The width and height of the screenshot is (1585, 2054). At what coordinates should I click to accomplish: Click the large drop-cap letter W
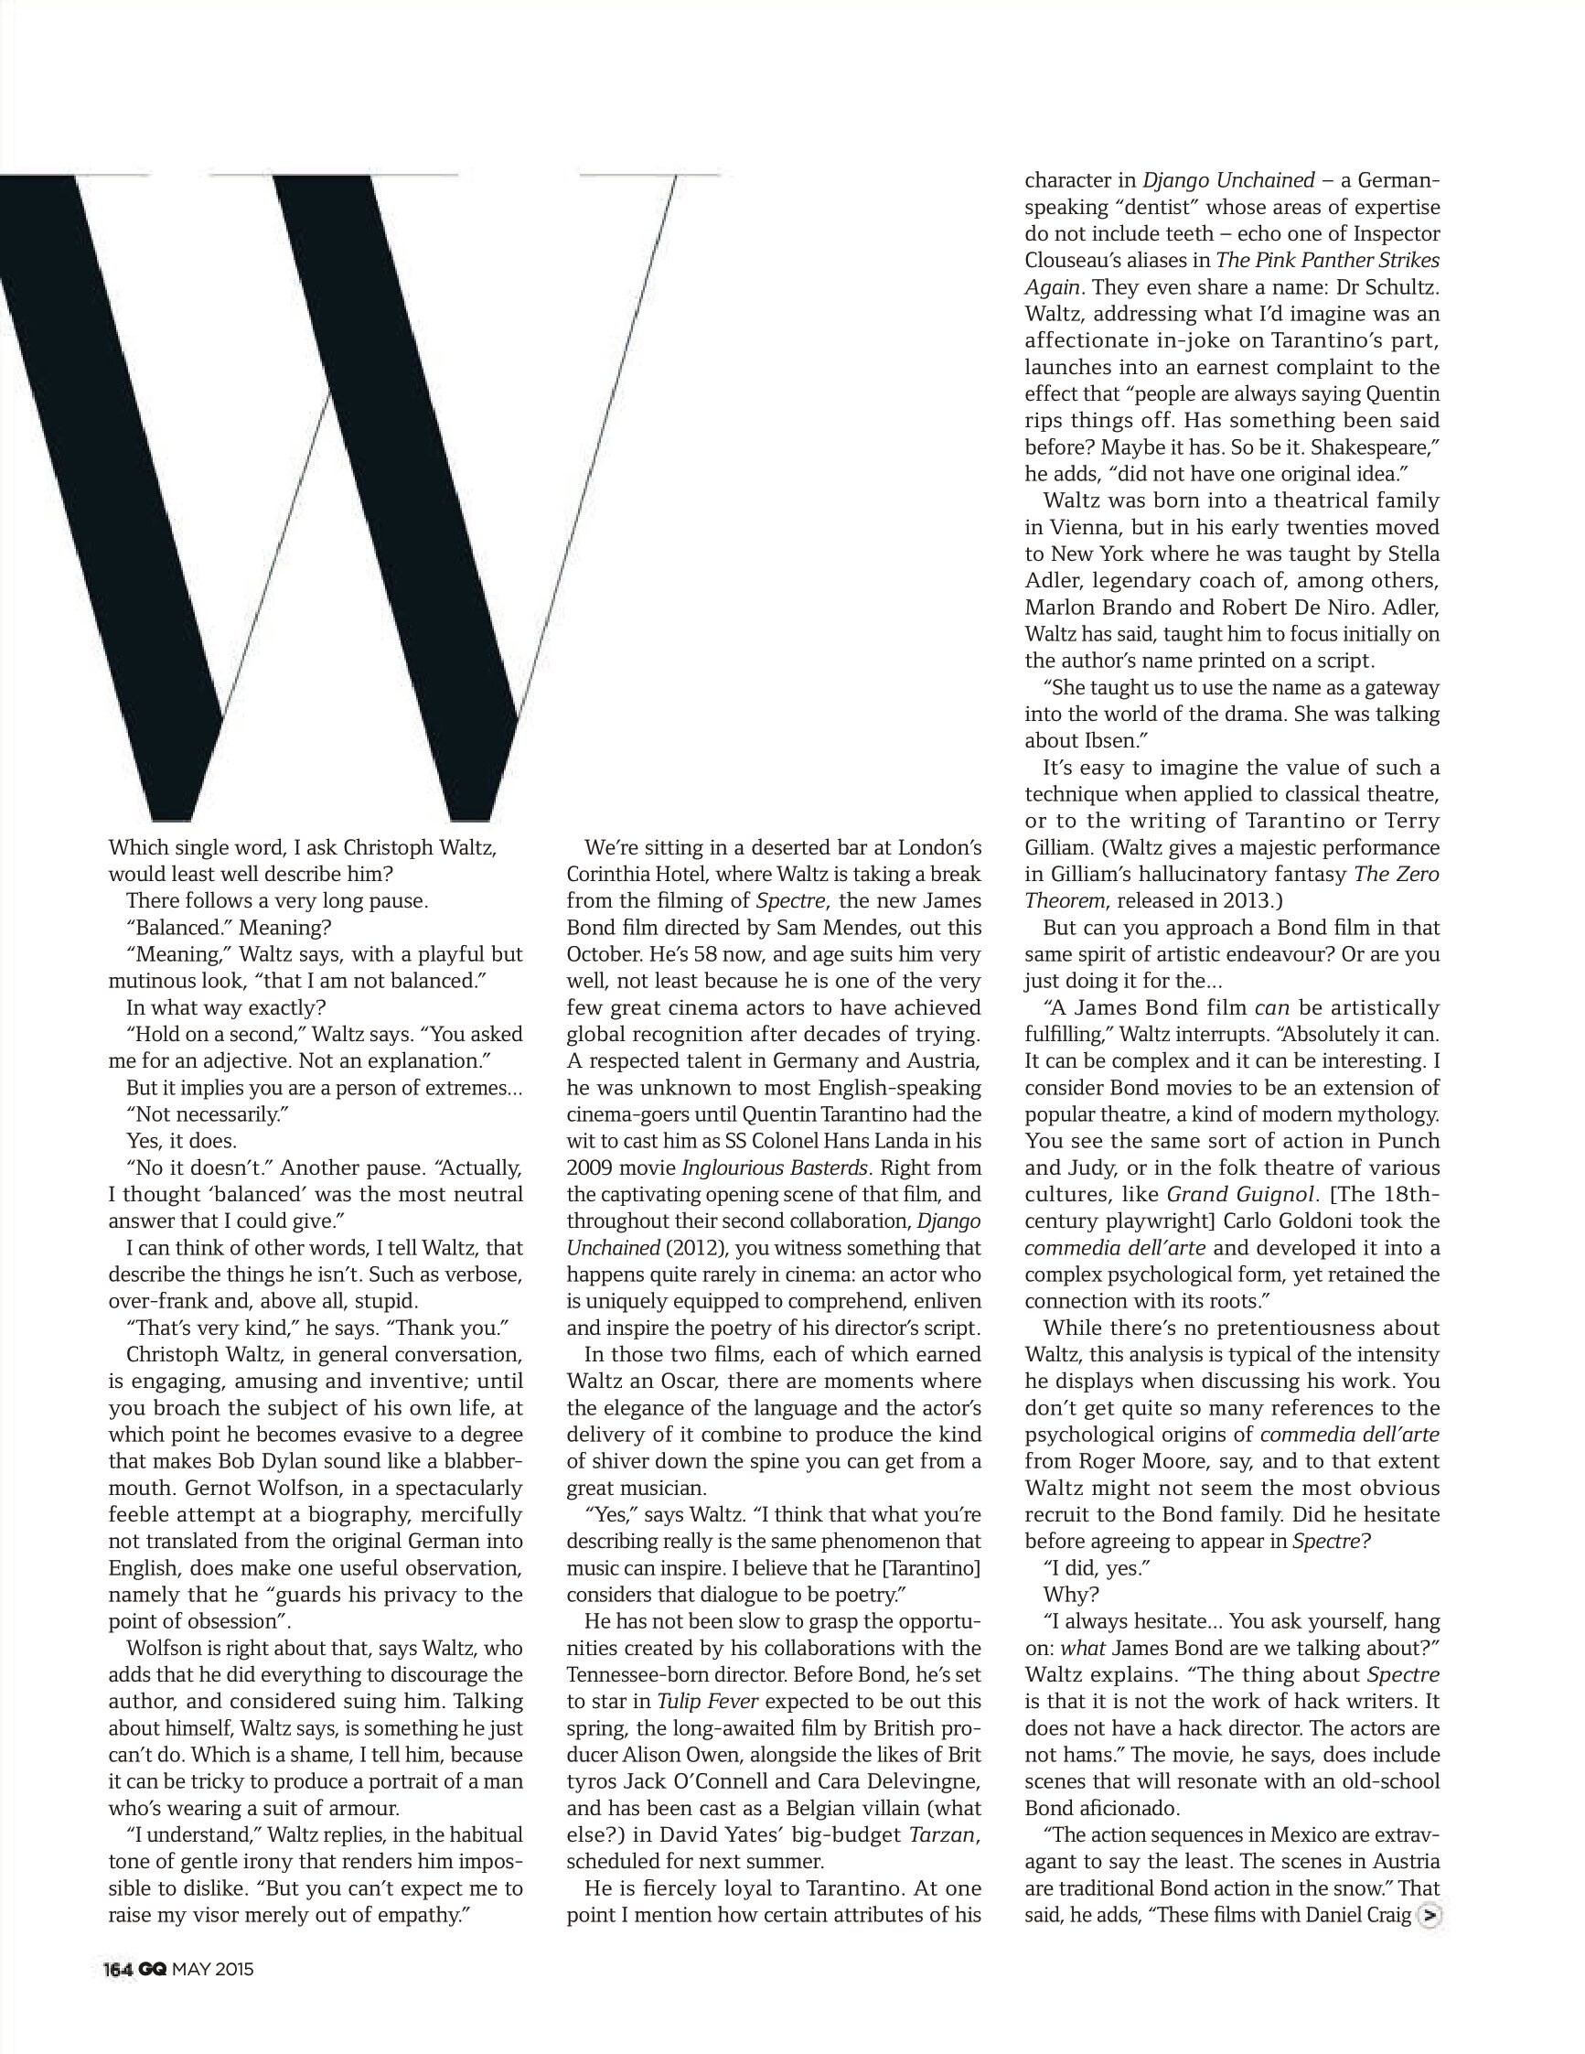coord(358,489)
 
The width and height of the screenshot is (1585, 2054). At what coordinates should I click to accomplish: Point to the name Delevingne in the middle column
coord(923,1782)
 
